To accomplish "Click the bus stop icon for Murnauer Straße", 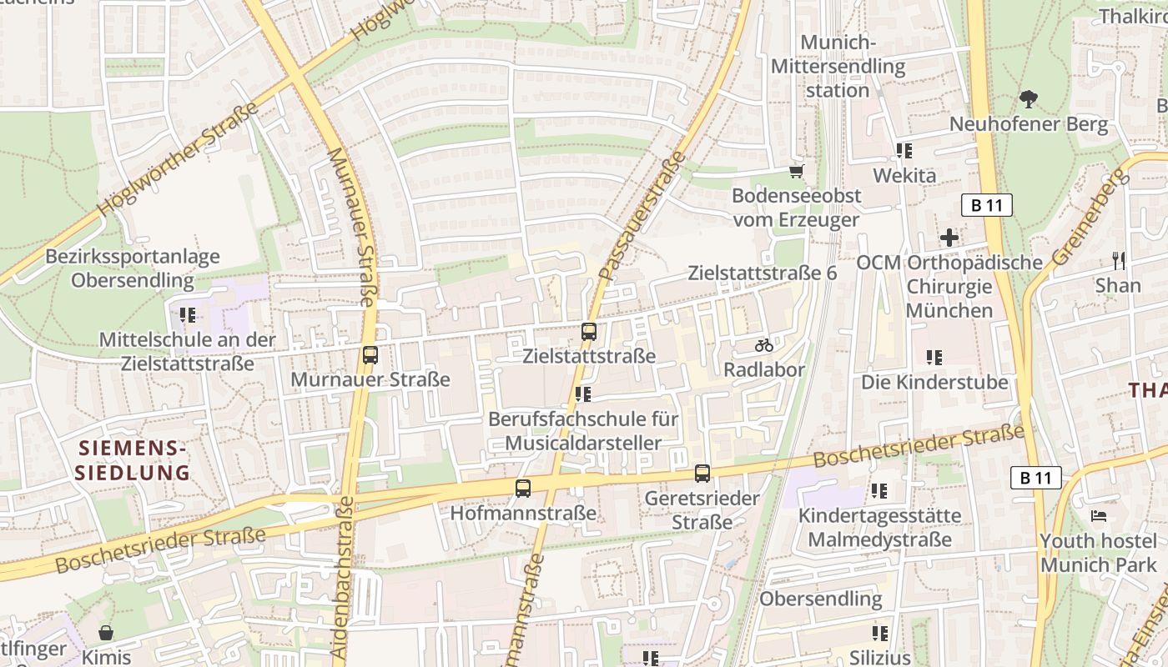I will tap(370, 355).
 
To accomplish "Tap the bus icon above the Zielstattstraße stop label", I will tap(589, 332).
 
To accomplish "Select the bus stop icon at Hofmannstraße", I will tap(523, 489).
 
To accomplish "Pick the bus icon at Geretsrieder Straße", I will tap(702, 474).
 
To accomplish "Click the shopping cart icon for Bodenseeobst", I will tap(796, 171).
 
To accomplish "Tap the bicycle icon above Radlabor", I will tap(763, 345).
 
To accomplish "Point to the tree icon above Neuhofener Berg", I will tap(1028, 99).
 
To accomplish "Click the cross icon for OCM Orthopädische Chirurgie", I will tap(949, 238).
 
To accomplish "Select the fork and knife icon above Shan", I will tap(1118, 260).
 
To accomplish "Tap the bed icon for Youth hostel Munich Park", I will tap(1099, 516).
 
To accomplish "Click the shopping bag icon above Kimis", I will tap(106, 633).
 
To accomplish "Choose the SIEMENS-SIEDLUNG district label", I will tap(132, 461).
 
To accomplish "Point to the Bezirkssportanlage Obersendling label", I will tap(133, 268).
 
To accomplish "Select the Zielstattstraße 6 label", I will tap(762, 273).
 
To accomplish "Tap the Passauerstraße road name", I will tap(642, 214).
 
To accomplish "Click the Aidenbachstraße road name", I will tap(345, 579).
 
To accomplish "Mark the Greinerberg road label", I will tap(1087, 216).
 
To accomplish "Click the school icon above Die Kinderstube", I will tap(934, 358).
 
